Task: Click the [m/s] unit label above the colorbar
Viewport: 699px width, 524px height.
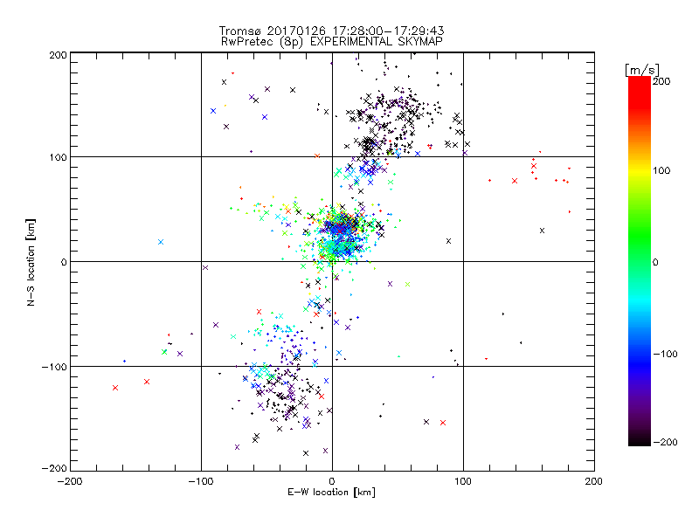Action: (640, 69)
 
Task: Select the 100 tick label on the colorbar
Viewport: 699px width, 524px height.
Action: (661, 170)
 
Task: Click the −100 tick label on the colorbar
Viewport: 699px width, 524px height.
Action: (668, 353)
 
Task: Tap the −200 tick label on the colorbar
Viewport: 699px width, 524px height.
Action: (668, 443)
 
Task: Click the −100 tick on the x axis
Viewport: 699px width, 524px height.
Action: (200, 481)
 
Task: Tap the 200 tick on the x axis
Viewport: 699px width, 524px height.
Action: (594, 481)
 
